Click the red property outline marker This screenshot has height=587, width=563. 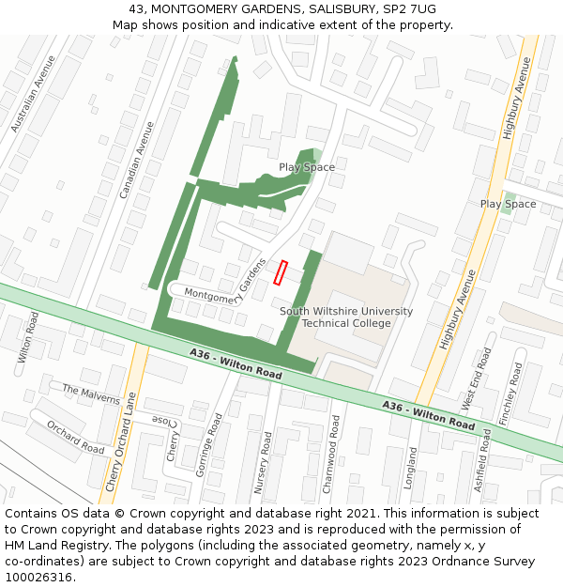pos(280,272)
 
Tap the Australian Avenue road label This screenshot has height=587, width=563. pos(33,93)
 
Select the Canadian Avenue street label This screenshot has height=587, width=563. pos(136,159)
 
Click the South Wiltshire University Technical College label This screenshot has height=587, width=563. pos(346,317)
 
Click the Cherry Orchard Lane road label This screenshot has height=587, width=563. pos(120,441)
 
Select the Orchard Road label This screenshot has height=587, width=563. pos(75,437)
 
